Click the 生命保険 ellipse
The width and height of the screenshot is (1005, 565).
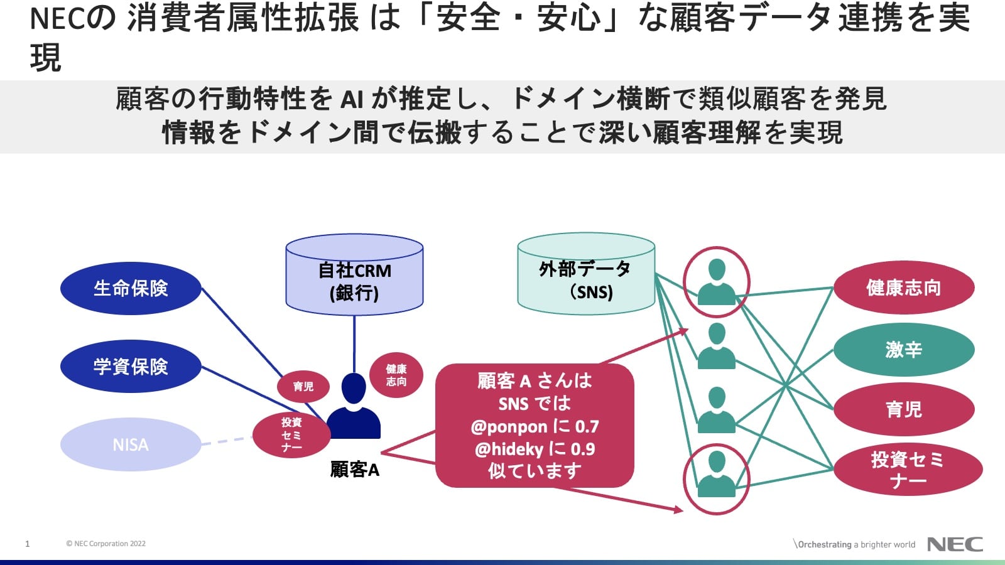131,288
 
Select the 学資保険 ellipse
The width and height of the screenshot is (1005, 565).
131,367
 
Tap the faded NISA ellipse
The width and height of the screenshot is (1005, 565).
131,444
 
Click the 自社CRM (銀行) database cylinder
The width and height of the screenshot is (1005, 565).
354,276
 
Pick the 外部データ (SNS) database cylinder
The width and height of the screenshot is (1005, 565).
586,276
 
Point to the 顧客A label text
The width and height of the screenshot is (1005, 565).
355,470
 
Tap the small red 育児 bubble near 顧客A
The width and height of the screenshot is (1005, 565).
303,386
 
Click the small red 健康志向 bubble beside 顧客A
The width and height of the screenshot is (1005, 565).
396,375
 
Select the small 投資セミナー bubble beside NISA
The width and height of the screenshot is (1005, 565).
291,434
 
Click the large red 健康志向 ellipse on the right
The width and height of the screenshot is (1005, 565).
903,288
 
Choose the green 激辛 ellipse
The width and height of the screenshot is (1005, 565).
903,349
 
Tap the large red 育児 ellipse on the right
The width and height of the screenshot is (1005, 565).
903,409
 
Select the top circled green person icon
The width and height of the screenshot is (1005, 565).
716,282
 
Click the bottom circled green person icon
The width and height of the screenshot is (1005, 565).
716,478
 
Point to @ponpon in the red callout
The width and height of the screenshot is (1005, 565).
509,427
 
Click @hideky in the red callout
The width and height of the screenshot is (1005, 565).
509,449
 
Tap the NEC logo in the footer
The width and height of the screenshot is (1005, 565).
955,544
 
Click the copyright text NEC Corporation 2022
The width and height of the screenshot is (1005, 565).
106,544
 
